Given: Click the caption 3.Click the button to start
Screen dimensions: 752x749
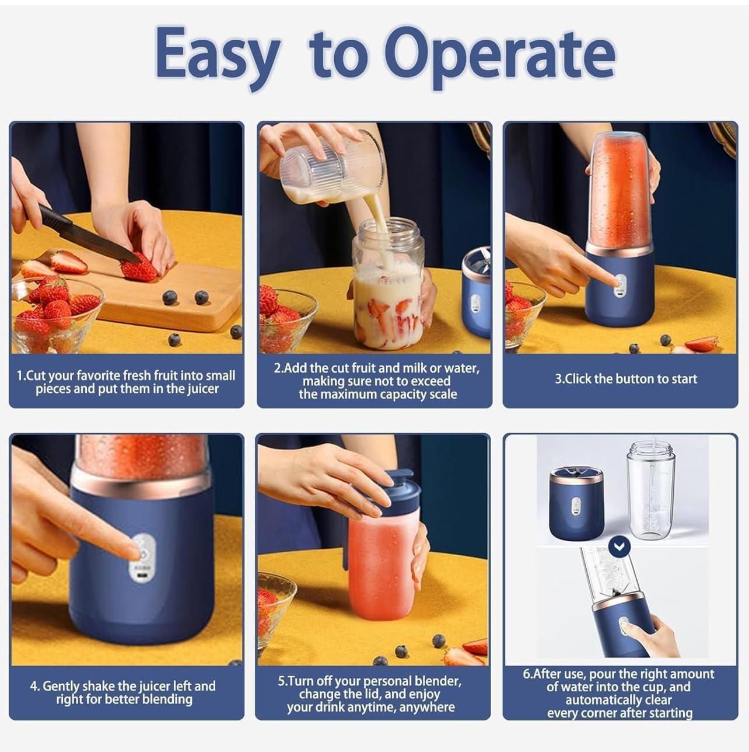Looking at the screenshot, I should click(625, 379).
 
